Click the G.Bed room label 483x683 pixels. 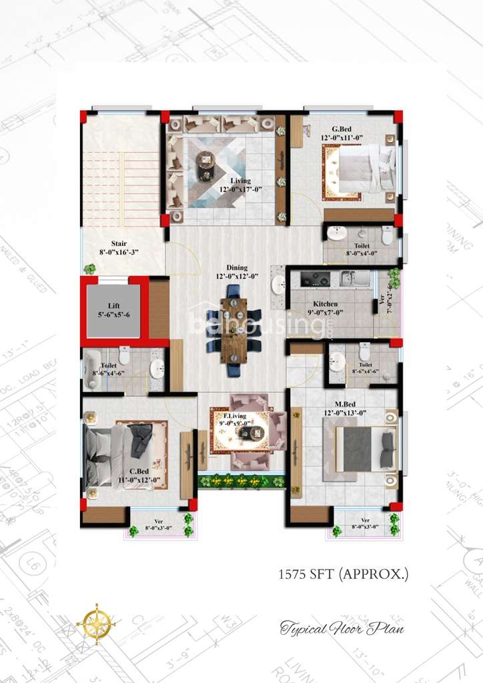(x=342, y=129)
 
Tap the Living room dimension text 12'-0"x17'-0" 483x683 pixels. (x=241, y=189)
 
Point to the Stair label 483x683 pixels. (x=119, y=244)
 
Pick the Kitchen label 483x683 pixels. (x=325, y=304)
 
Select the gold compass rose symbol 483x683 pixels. (x=97, y=624)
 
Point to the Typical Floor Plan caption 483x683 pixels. (x=342, y=628)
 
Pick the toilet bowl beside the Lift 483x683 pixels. (x=124, y=355)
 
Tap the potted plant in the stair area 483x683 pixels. (x=89, y=269)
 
